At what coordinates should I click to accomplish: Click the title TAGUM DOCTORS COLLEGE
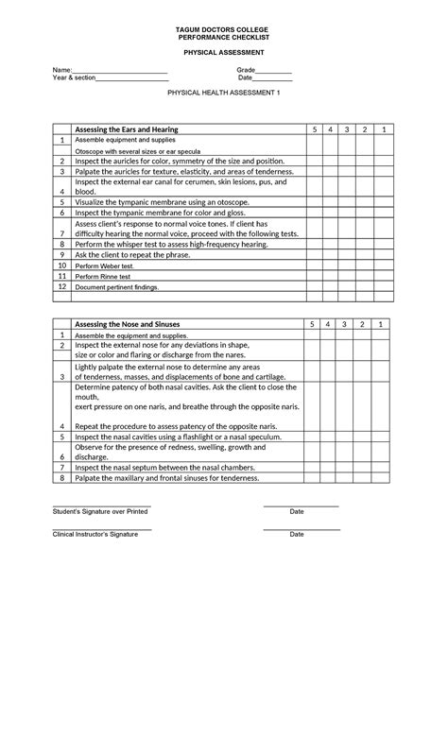point(223,30)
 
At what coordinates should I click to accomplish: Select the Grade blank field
point(273,72)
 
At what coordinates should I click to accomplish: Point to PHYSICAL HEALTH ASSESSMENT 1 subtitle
point(224,95)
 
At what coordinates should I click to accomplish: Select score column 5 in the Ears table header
point(314,129)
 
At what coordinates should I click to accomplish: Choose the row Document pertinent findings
point(118,287)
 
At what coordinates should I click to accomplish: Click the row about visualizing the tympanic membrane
point(162,202)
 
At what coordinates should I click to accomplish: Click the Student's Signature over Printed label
point(100,511)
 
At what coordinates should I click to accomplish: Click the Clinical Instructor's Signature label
point(95,534)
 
